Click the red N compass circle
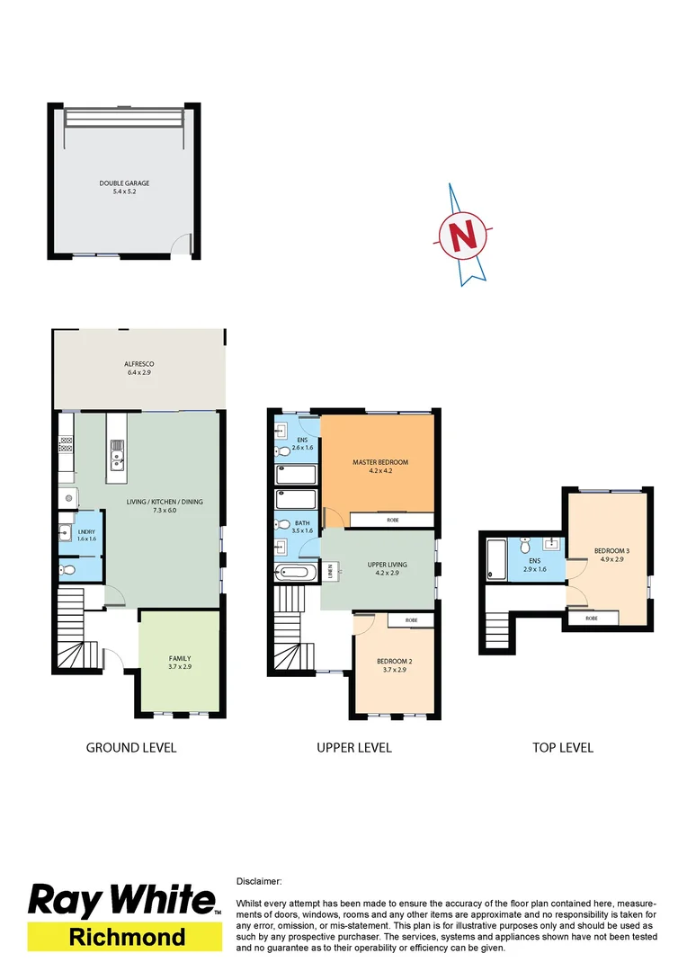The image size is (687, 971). (464, 236)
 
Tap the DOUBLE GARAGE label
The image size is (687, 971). (124, 187)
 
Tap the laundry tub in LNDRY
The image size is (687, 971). (66, 530)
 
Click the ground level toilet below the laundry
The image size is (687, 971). (68, 567)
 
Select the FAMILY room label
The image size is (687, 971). (180, 663)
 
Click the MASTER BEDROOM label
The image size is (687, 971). (379, 466)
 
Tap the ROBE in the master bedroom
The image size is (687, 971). (392, 521)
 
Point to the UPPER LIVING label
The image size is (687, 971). (387, 568)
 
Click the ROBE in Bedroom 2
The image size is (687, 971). (411, 620)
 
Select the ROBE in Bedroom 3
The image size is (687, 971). (592, 619)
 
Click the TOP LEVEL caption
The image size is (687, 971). (562, 747)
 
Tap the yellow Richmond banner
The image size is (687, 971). (126, 937)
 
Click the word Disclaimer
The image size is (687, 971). (259, 882)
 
